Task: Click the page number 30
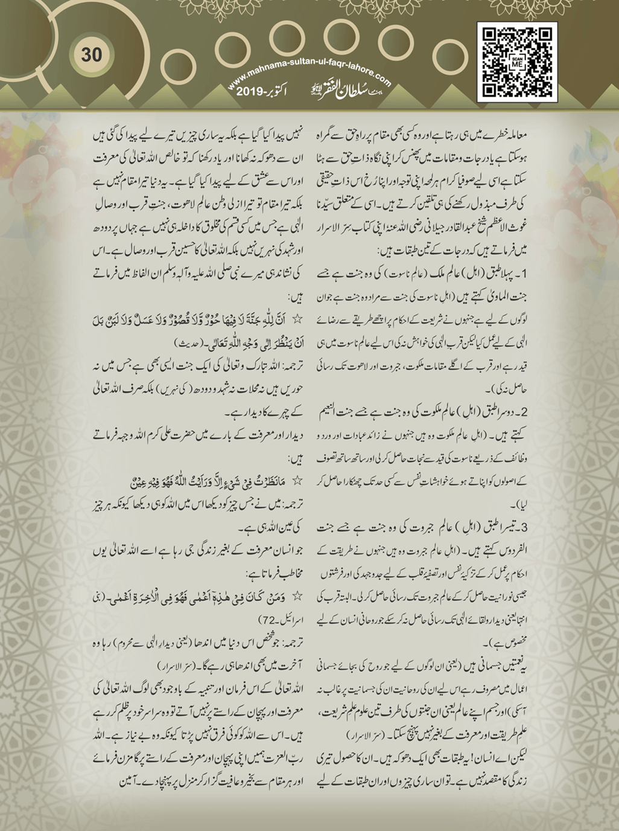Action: [92, 54]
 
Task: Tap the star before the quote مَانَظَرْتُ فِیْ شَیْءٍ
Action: [297, 481]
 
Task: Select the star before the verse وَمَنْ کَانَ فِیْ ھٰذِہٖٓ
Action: [297, 595]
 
